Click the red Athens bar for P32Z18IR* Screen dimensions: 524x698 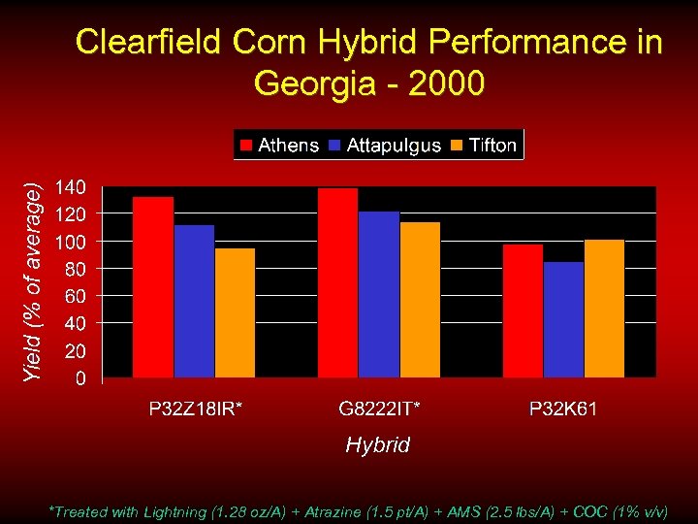[x=153, y=286]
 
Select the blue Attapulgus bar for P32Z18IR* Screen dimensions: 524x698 [x=194, y=301]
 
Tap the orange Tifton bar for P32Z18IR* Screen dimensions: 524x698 [x=235, y=312]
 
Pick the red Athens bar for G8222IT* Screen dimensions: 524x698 [x=338, y=282]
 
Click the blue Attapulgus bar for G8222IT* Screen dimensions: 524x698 [x=379, y=294]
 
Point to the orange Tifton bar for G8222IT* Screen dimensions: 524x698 [x=420, y=299]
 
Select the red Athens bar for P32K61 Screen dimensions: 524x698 [x=523, y=311]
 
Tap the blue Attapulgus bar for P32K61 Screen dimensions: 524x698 [x=563, y=319]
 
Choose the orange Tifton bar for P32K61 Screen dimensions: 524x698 [x=604, y=308]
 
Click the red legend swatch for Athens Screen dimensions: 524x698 [x=246, y=146]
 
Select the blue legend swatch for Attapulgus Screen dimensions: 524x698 [x=335, y=146]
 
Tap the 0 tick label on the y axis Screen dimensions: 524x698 [x=81, y=377]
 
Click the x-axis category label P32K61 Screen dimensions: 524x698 [x=563, y=409]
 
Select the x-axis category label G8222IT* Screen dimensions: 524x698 [x=379, y=409]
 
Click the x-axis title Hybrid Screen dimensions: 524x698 [x=378, y=445]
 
